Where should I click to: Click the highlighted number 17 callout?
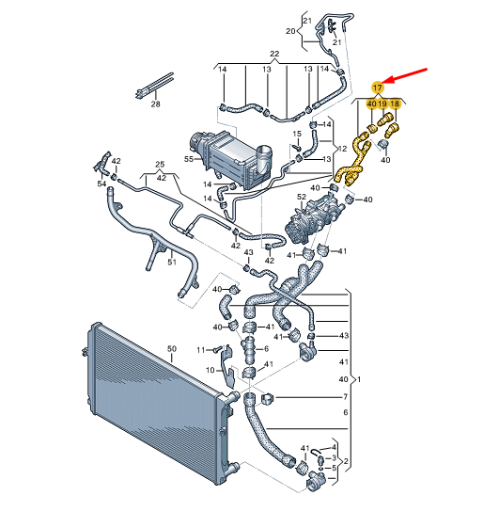point(378,88)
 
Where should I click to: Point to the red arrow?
point(404,75)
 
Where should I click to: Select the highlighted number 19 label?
point(382,104)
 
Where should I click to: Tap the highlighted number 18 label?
point(395,104)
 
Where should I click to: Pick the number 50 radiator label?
point(171,349)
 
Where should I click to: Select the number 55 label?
point(189,158)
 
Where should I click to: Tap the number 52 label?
point(302,197)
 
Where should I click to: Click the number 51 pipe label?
point(171,262)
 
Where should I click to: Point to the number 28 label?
point(155,104)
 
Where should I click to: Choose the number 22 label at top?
point(274,54)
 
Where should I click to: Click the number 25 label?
point(160,165)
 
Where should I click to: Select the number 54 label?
point(101,184)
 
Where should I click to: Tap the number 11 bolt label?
point(201,350)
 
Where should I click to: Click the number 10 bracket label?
point(210,370)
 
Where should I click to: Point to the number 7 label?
point(345,397)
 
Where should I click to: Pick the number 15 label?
point(297,134)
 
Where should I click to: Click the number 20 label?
point(290,31)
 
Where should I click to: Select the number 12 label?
point(342,149)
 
